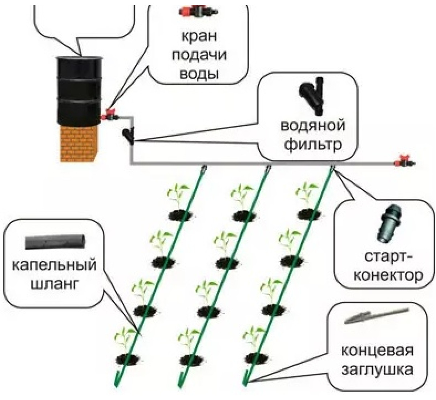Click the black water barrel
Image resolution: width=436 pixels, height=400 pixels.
pyautogui.click(x=79, y=91)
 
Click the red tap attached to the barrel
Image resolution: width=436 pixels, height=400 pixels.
pyautogui.click(x=109, y=115)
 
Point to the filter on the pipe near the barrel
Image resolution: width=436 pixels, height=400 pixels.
pyautogui.click(x=129, y=135)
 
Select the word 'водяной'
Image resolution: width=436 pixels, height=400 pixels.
pyautogui.click(x=313, y=126)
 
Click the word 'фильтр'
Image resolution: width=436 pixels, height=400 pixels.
pyautogui.click(x=313, y=144)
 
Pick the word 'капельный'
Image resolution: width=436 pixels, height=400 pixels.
pyautogui.click(x=54, y=265)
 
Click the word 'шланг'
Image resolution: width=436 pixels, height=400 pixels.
pyautogui.click(x=54, y=283)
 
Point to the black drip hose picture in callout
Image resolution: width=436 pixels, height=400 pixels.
pyautogui.click(x=55, y=242)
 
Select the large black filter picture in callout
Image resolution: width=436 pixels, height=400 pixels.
pyautogui.click(x=311, y=96)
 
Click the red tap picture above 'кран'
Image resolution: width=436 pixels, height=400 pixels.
pyautogui.click(x=198, y=11)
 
